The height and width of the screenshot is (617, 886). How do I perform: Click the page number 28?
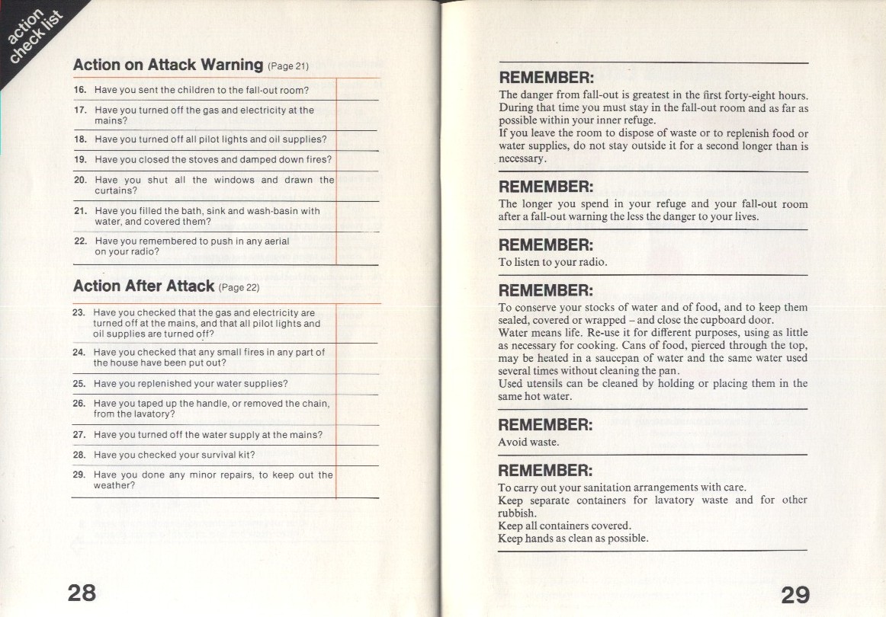[82, 592]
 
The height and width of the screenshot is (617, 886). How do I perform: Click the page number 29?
[795, 594]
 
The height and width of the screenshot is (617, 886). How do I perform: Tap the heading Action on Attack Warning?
[168, 66]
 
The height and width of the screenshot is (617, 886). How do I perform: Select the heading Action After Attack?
[143, 286]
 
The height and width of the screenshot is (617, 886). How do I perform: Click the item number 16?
[79, 91]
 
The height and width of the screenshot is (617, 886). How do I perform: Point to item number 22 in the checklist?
[79, 241]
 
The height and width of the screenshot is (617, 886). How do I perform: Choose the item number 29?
[78, 475]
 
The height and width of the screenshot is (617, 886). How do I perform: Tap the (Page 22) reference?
[239, 289]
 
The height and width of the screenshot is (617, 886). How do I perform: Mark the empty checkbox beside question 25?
[357, 384]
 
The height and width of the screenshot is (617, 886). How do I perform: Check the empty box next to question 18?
[357, 139]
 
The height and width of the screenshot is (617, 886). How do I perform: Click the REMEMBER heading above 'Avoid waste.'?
[545, 425]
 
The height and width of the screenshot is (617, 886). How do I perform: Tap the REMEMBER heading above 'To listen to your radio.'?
[545, 245]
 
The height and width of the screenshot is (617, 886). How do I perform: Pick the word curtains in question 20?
[115, 191]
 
